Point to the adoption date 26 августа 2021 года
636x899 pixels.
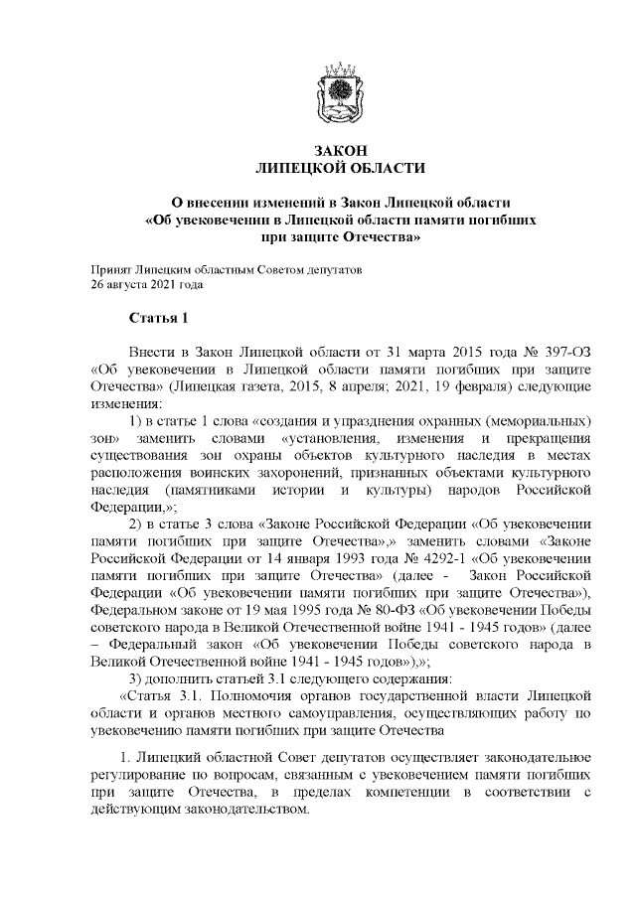(x=146, y=284)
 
